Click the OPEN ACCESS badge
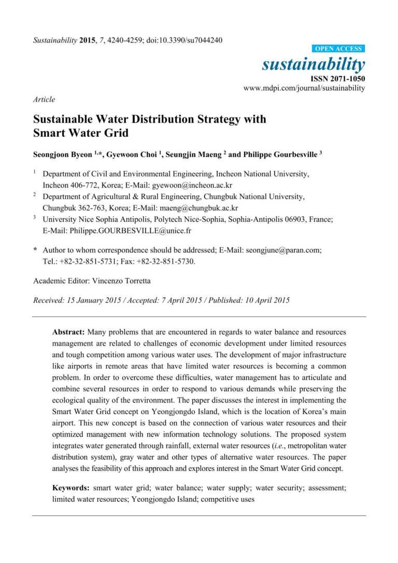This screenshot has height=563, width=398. point(339,49)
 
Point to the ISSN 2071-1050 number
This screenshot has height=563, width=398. point(337,78)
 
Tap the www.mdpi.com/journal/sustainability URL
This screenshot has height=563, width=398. point(304,88)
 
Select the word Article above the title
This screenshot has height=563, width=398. point(44,99)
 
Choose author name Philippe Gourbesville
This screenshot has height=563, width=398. point(277,154)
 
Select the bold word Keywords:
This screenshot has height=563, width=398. point(72,488)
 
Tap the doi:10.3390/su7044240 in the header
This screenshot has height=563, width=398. point(179,40)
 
